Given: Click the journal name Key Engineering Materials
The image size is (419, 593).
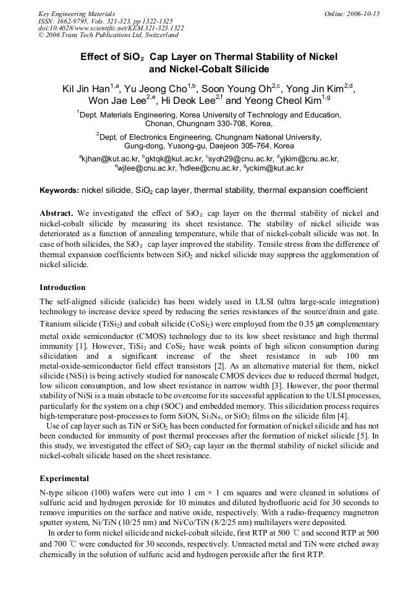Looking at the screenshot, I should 76,13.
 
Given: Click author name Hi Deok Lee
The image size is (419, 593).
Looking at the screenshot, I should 188,101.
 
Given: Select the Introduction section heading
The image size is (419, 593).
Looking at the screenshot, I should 62,288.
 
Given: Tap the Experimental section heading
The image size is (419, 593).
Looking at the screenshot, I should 64,478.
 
